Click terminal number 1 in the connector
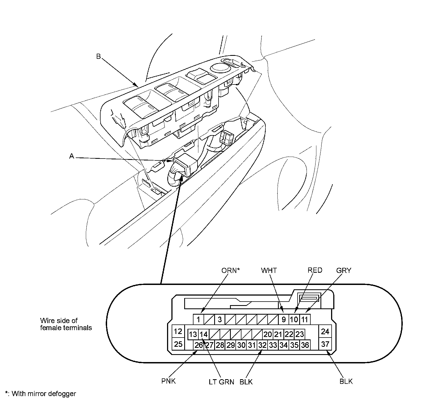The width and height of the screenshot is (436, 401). point(199,319)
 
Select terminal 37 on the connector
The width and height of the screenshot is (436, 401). point(325,344)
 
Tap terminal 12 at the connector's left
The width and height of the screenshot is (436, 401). point(178,332)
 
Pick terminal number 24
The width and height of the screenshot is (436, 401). point(325,332)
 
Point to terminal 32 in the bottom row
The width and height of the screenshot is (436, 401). point(262,345)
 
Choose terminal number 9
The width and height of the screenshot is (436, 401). point(284,319)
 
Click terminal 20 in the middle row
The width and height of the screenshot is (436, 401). point(268,334)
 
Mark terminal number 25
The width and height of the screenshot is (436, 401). point(178,344)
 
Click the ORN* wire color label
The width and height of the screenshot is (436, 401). point(230,270)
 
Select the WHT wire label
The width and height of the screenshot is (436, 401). point(269,270)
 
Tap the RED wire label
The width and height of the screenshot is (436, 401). point(315,270)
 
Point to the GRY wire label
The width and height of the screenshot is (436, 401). point(344,270)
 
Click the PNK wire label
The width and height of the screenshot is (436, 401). point(168,381)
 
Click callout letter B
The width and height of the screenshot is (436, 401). point(98,56)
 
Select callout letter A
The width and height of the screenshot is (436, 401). point(72,156)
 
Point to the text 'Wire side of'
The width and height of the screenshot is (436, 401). point(59,321)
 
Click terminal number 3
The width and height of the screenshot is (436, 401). point(220,319)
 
